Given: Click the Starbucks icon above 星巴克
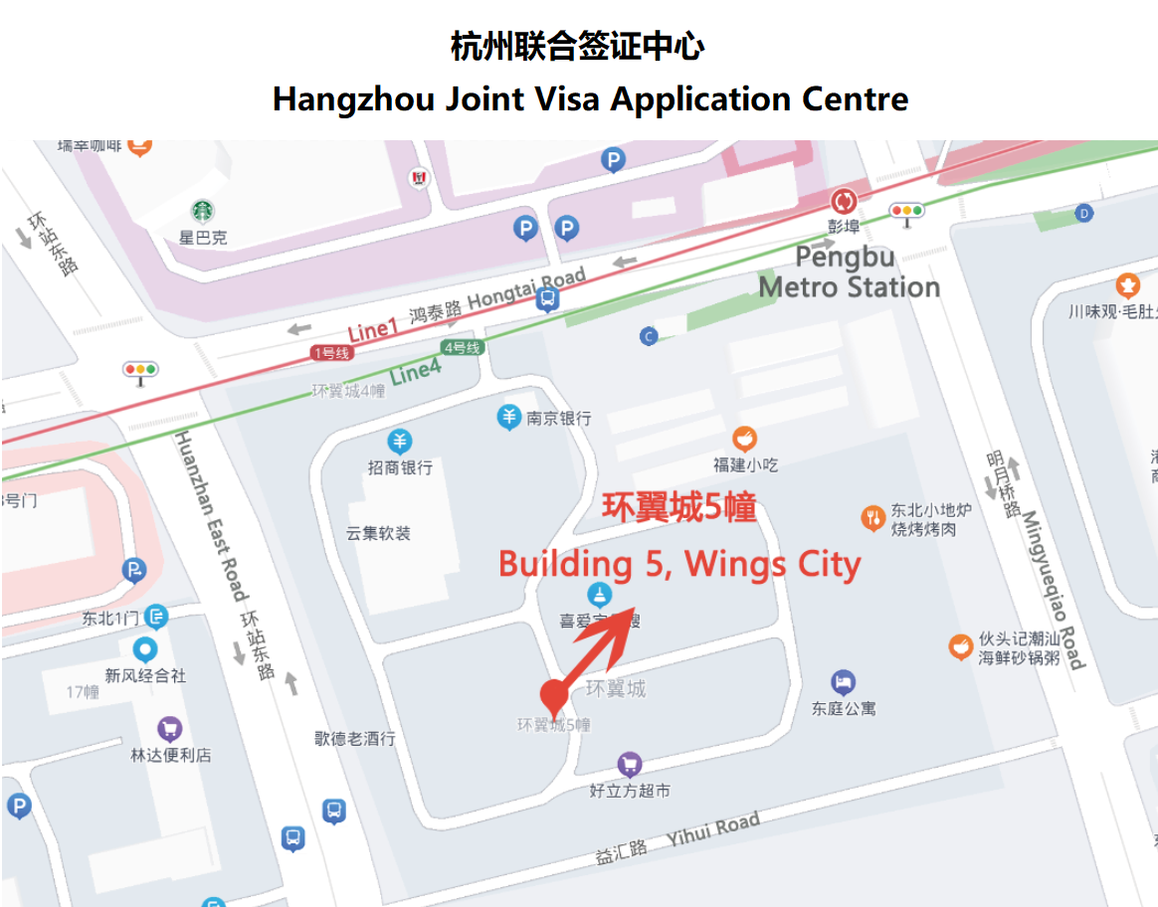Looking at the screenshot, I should [203, 211].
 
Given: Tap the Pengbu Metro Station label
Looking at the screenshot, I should [849, 272].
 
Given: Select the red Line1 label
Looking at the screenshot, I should [372, 330].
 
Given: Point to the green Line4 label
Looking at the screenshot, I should [415, 372].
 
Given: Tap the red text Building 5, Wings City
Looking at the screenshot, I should [679, 564].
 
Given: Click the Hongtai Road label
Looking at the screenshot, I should [526, 288].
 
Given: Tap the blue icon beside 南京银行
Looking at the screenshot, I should [509, 417].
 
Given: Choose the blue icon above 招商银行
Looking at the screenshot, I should [399, 442].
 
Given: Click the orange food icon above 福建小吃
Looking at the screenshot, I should [744, 439].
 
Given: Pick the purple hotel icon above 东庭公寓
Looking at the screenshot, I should [843, 682].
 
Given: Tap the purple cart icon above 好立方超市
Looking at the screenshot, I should [629, 765].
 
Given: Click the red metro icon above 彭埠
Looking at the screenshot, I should [844, 202].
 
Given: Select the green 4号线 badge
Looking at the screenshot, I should [462, 348].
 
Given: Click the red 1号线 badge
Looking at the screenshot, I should [329, 352].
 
